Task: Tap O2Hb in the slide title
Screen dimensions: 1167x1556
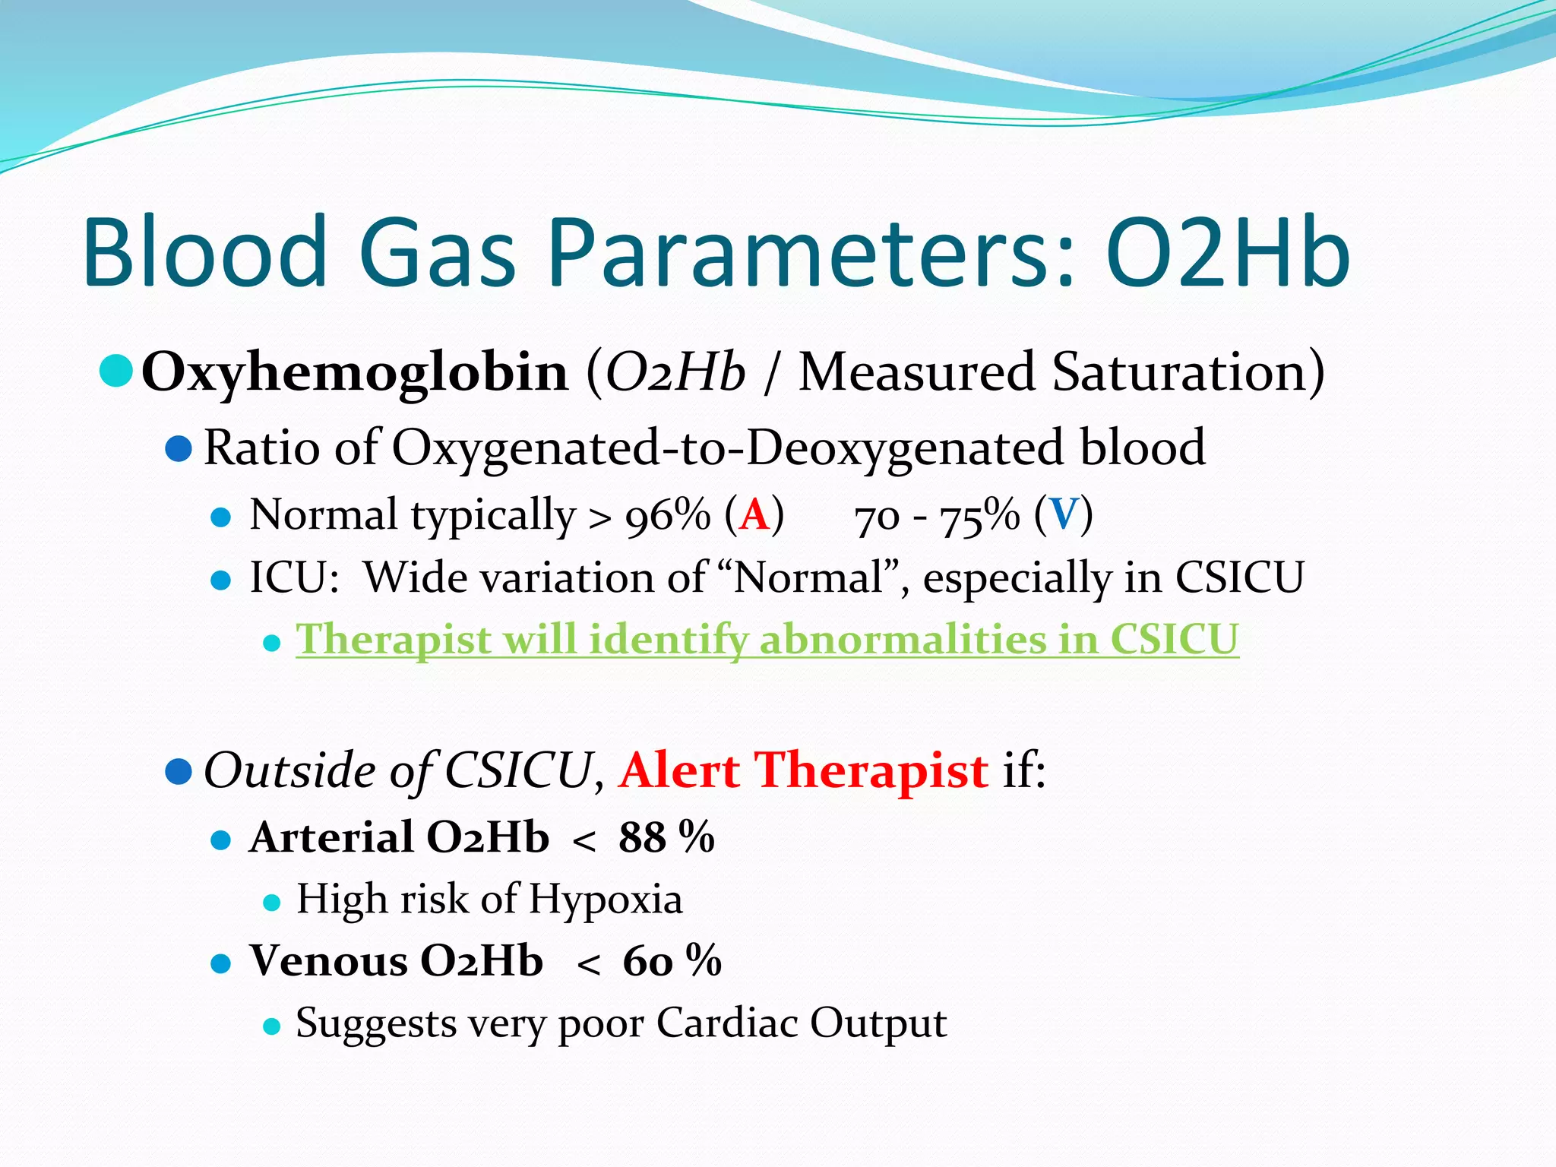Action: (x=1226, y=255)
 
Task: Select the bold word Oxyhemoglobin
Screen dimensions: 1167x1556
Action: (x=355, y=373)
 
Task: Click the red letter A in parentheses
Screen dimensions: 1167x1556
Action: (x=754, y=516)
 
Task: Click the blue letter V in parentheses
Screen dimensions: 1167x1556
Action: (x=1063, y=516)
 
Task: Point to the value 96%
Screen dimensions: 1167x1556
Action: (x=667, y=516)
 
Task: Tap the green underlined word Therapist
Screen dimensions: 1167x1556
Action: (x=393, y=640)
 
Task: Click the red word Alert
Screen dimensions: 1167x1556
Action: (x=679, y=771)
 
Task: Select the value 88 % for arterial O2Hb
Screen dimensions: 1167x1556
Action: (x=666, y=838)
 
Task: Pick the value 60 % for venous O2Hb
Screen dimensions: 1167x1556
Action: (x=672, y=961)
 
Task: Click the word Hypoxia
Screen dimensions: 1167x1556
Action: (x=606, y=900)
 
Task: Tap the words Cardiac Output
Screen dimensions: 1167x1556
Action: (x=802, y=1023)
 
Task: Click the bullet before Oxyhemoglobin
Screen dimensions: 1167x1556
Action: (x=116, y=372)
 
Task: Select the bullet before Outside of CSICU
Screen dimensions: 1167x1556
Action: (x=178, y=772)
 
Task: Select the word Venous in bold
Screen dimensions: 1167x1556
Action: (x=329, y=961)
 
